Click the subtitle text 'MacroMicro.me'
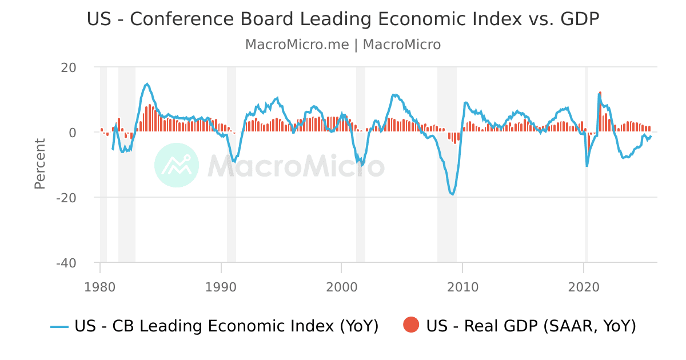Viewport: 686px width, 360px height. click(296, 45)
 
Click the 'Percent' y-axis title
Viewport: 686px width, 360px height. click(40, 163)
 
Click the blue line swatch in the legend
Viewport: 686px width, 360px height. click(59, 326)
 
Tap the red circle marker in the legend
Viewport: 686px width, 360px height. click(411, 325)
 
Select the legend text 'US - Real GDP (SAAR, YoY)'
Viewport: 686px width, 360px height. click(531, 326)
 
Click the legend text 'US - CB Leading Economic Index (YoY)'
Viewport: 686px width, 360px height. click(226, 326)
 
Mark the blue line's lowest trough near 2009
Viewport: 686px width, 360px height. click(452, 194)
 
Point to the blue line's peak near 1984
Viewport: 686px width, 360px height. click(147, 84)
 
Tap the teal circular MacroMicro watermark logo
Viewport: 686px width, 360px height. click(177, 165)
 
